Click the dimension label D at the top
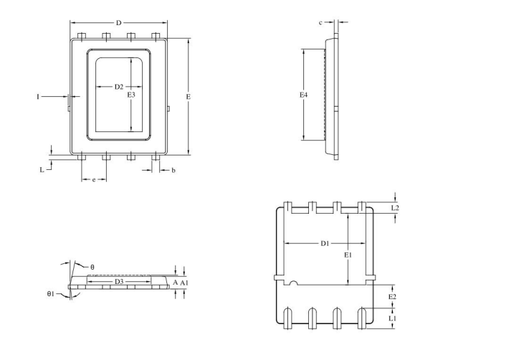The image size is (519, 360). [118, 23]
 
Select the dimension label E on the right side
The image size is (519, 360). [188, 95]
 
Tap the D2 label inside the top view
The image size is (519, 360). [119, 87]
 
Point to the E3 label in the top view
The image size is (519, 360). [130, 95]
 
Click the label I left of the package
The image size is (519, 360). [38, 95]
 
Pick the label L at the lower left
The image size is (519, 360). [42, 170]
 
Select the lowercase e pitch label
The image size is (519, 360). [94, 179]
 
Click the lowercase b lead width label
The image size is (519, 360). [173, 170]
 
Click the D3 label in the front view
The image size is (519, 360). [120, 282]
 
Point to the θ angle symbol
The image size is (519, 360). [92, 267]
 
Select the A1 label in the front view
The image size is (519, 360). [184, 283]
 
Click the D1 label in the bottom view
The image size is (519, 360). [325, 244]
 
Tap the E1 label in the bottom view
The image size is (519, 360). [348, 255]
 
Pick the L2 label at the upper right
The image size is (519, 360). [395, 208]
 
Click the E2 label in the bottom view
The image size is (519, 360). [391, 296]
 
